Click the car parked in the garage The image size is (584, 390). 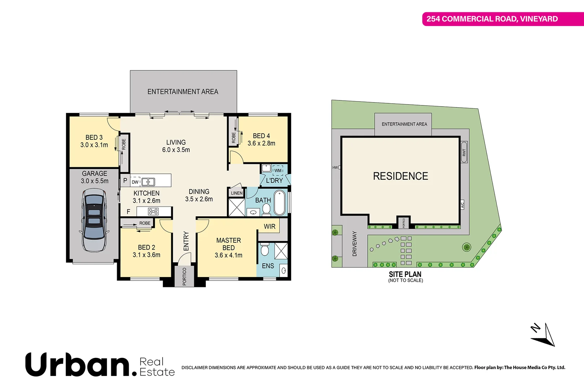point(94,220)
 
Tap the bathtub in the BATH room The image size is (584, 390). point(280,203)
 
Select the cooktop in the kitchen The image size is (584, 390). point(153,211)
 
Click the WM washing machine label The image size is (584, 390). point(278,170)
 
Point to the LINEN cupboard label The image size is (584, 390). point(237,193)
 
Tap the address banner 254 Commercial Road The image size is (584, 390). point(492,19)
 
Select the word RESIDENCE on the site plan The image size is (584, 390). point(400,176)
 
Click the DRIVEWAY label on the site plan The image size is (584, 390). point(354,244)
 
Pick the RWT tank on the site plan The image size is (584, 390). point(464,152)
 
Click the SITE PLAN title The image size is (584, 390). point(405,274)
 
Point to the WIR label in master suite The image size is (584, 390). point(269,226)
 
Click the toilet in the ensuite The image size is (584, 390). point(264,250)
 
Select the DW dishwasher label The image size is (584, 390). point(135,182)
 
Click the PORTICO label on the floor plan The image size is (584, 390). point(184,276)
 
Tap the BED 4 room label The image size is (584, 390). point(261,136)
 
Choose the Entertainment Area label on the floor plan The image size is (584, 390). point(183,92)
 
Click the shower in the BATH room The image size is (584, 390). point(237,207)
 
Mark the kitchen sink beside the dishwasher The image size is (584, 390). point(148,182)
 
